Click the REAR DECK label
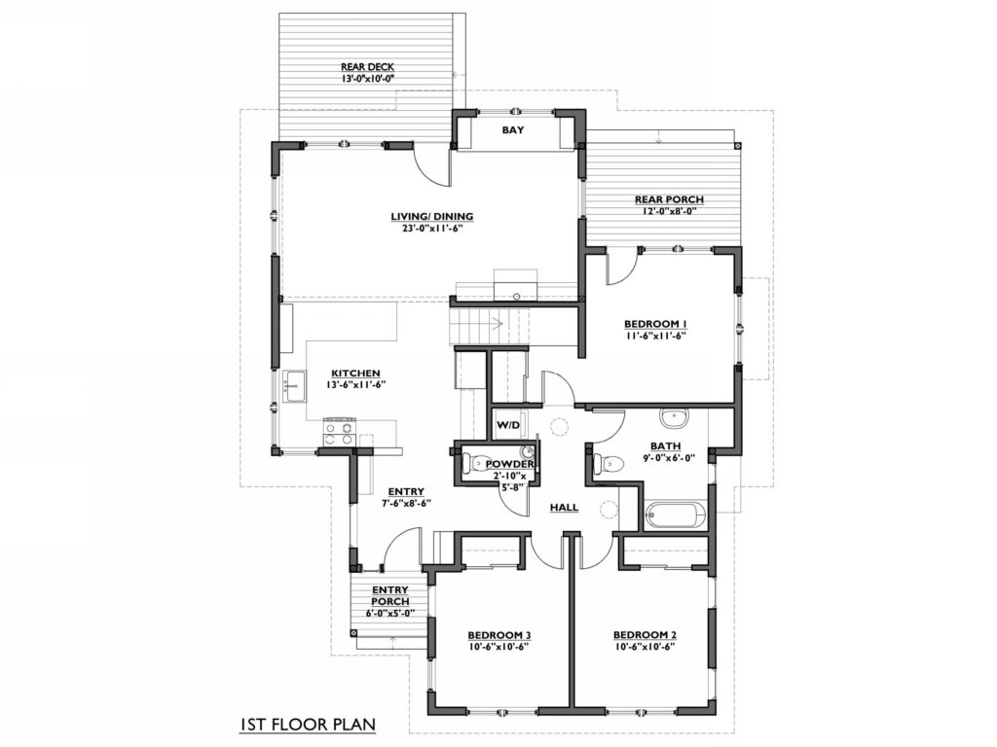[x=367, y=67]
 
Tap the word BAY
[x=513, y=130]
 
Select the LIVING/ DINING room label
[x=431, y=217]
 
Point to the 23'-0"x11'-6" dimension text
[x=431, y=229]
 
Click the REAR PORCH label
[x=669, y=199]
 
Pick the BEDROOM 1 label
[x=655, y=324]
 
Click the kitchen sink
[x=294, y=386]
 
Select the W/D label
[x=508, y=424]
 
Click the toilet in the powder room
[x=472, y=464]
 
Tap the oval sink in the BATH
[x=674, y=417]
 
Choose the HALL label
[x=564, y=507]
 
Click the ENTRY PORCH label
[x=390, y=596]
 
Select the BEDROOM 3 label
[x=499, y=635]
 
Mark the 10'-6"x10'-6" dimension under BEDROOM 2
[x=645, y=647]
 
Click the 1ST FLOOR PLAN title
[x=308, y=724]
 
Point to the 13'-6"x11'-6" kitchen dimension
[x=356, y=384]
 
